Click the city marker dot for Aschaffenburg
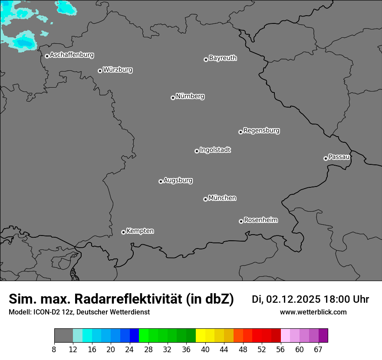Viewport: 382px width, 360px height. (47, 56)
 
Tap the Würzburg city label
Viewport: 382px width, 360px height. (118, 70)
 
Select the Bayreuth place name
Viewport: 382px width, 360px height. (223, 58)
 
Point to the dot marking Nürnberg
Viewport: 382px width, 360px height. (173, 98)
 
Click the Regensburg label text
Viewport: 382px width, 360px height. (261, 131)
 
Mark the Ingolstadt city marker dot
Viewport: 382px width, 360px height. (197, 151)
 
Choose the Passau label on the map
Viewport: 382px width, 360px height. (339, 157)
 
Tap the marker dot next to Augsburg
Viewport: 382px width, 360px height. (161, 181)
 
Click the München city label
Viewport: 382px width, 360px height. (222, 198)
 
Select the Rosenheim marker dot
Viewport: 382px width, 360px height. (241, 222)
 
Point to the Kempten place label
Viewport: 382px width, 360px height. (140, 231)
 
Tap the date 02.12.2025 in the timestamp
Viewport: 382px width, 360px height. (293, 299)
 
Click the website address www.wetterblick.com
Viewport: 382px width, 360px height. (313, 312)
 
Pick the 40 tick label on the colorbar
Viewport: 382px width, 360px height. (205, 350)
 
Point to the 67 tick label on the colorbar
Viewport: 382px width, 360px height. (318, 350)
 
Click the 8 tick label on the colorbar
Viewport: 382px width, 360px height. (54, 350)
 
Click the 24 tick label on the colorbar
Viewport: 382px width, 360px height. (129, 350)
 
